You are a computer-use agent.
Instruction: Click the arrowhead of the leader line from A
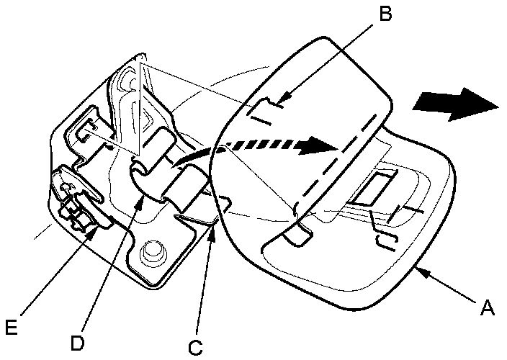[x=419, y=270]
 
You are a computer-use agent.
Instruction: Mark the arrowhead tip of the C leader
[x=214, y=224]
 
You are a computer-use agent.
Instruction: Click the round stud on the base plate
[x=152, y=251]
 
